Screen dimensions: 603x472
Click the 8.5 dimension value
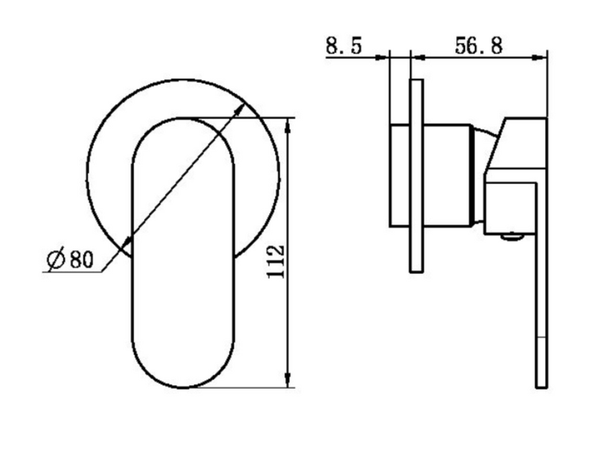344,45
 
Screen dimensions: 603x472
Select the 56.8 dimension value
478,45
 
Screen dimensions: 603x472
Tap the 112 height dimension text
276,261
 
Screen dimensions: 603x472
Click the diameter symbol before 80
56,259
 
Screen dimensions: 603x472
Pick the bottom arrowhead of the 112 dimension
288,380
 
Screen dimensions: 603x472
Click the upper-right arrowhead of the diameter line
240,109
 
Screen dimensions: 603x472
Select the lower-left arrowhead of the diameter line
126,243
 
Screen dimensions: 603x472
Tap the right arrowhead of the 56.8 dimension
539,57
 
